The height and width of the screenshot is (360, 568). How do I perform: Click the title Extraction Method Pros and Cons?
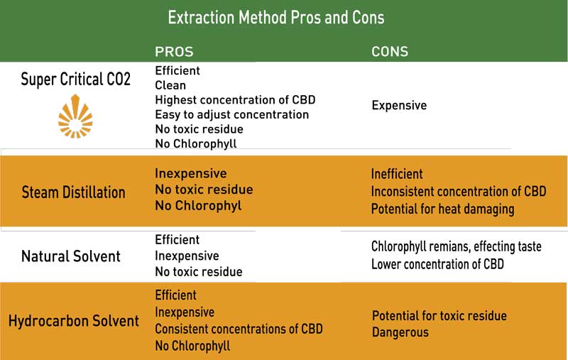[275, 17]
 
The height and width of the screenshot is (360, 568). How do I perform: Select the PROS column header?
[174, 52]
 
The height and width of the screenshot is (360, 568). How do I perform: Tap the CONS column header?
[390, 52]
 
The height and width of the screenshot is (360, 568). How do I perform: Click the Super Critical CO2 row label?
[76, 79]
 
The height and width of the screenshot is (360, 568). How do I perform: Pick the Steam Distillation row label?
[74, 192]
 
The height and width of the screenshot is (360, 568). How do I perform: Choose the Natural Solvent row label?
[72, 256]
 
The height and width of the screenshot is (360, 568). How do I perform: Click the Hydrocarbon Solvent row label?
[74, 321]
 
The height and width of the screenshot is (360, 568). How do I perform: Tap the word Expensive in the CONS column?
[399, 105]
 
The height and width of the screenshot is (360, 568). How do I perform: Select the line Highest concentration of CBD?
[235, 100]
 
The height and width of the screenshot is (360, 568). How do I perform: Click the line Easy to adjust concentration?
[231, 114]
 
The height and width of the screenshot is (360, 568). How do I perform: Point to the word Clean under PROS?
[170, 85]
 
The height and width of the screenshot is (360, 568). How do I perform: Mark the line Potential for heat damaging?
[442, 209]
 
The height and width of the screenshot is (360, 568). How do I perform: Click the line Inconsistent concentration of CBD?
[459, 191]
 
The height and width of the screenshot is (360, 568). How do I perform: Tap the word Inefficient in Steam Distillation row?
[397, 174]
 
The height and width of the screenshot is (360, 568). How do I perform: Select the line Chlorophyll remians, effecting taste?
[456, 246]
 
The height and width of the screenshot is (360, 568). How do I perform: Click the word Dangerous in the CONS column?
[400, 332]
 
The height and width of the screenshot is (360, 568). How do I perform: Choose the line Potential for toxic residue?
[439, 315]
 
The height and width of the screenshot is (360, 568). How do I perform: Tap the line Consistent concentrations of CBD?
[239, 329]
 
